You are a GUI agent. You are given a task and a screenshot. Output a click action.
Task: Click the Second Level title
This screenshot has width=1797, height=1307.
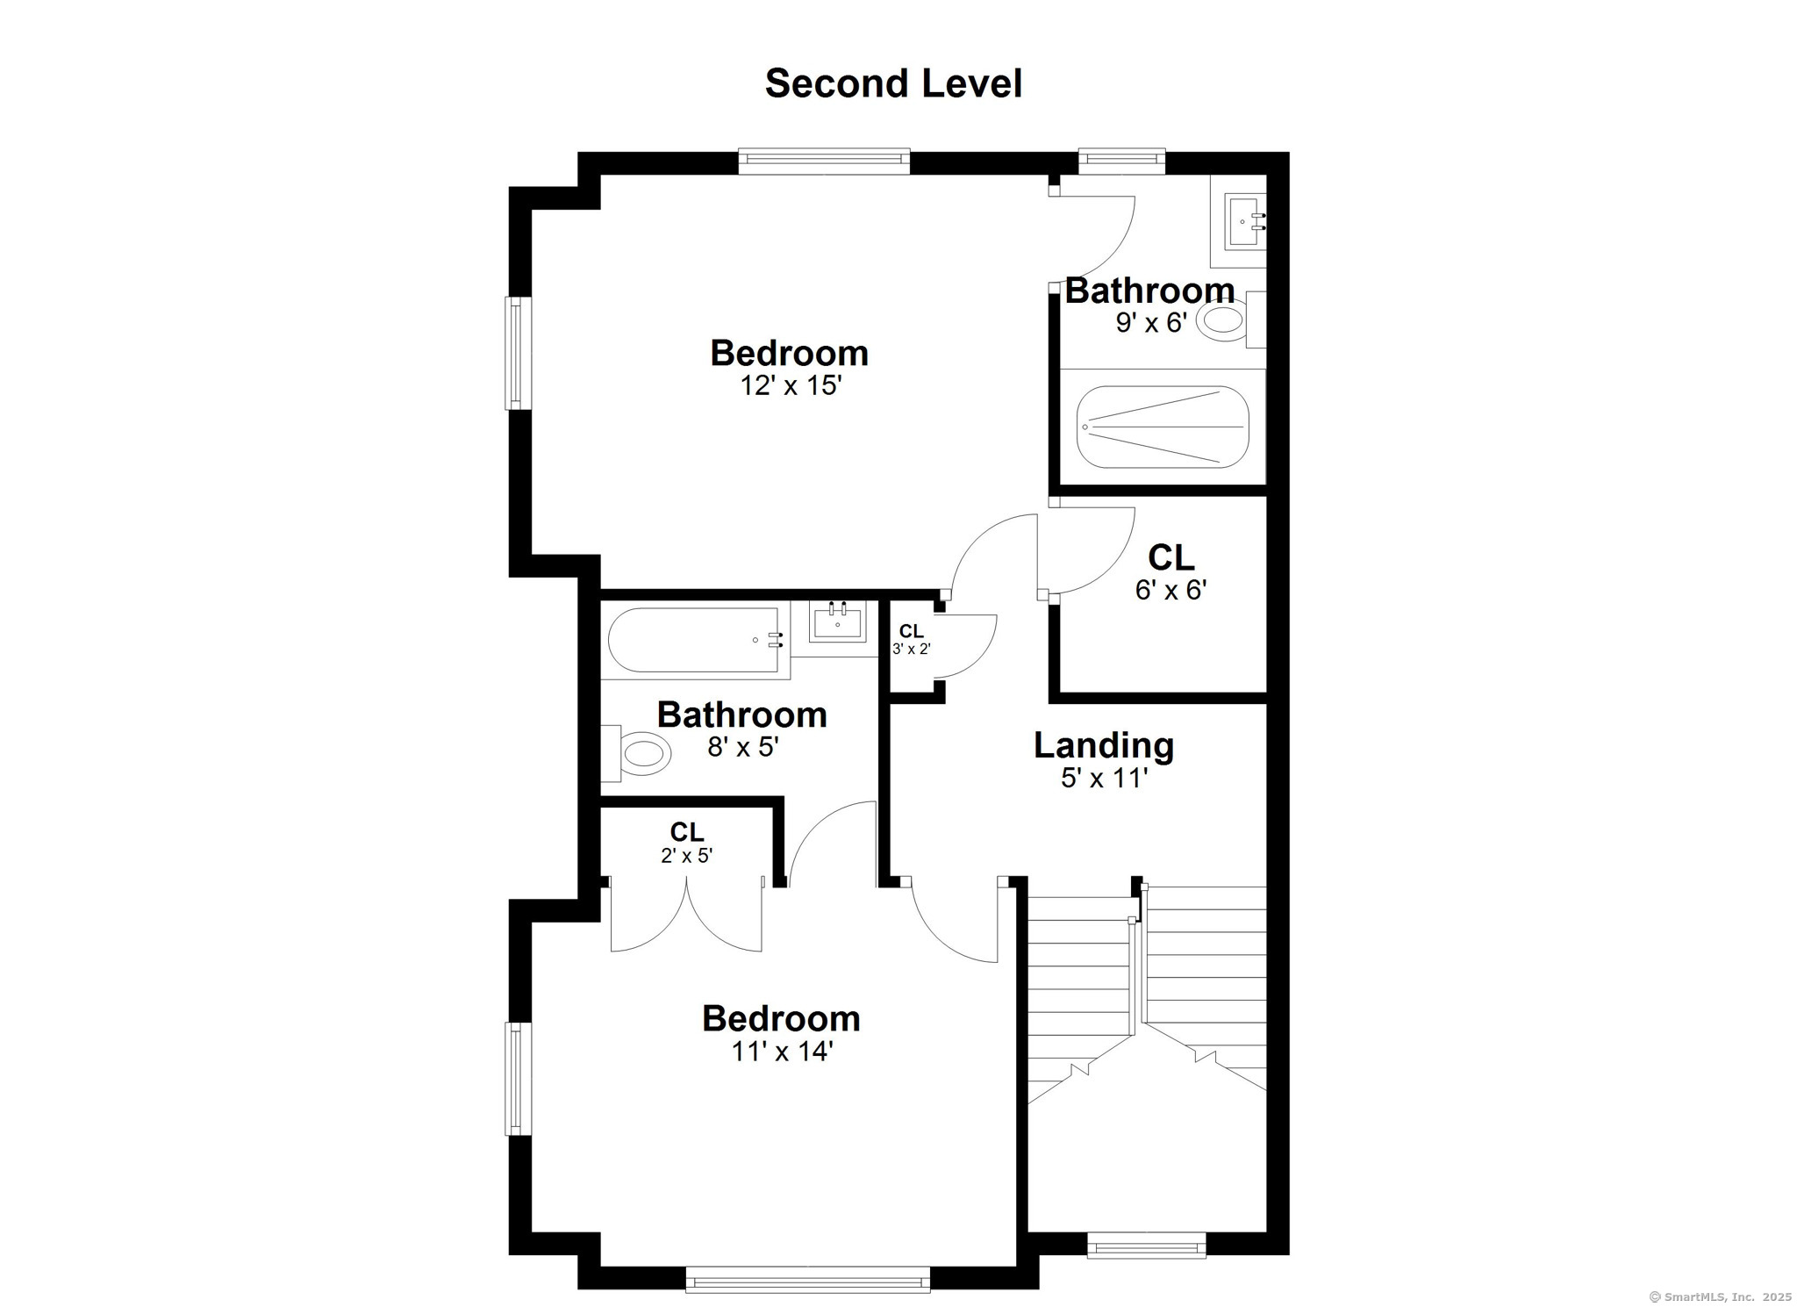coord(893,84)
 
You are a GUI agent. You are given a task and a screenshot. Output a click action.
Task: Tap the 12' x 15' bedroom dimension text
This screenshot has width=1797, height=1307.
coord(791,386)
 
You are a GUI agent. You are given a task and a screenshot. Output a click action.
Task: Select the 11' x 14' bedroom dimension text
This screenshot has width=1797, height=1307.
coord(782,1052)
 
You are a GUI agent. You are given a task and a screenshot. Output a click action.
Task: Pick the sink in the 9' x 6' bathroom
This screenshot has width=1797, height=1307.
coord(1244,222)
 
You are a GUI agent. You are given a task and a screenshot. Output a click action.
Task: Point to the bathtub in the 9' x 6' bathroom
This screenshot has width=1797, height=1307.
coord(1163,427)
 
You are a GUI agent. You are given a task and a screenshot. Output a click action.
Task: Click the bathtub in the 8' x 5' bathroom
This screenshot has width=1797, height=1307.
coord(693,641)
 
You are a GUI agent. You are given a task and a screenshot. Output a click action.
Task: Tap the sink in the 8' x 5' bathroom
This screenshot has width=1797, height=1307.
coord(837,622)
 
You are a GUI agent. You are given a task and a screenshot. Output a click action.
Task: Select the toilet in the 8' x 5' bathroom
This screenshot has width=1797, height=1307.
coord(638,753)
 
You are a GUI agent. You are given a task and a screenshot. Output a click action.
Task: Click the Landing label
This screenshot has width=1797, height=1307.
coord(1104,745)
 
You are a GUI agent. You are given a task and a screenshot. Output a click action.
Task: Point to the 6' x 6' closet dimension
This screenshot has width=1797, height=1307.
coord(1171,590)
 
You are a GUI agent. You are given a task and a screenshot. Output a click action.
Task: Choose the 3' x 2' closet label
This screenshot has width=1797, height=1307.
coord(911,632)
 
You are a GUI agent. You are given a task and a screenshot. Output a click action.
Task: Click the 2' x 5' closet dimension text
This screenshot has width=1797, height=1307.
coord(686,856)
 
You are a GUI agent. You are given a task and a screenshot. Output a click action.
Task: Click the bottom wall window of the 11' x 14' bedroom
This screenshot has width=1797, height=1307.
coord(807,1279)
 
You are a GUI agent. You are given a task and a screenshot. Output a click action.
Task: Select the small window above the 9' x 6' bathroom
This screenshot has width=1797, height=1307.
coord(1121,160)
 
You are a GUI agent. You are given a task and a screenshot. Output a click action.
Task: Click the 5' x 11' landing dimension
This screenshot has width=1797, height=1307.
coord(1104,779)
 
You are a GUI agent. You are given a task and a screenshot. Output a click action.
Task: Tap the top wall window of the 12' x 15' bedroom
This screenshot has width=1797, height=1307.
coord(823,160)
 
